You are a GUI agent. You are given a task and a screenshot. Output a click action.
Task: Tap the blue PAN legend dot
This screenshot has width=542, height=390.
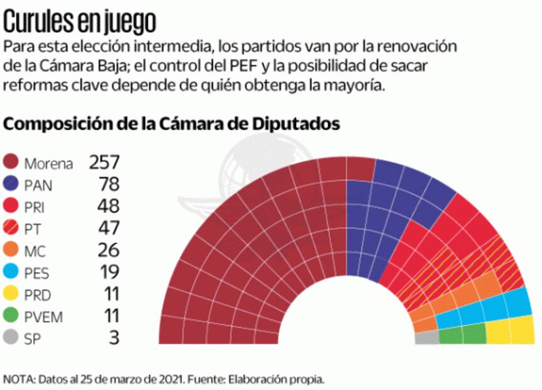12,185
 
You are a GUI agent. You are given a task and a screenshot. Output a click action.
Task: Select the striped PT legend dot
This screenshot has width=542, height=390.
12,228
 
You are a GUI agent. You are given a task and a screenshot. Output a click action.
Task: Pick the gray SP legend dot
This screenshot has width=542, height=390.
12,337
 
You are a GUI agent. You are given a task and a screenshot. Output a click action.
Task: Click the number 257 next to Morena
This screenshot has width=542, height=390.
104,163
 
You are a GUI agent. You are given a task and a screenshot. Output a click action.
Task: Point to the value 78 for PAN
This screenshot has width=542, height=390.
109,184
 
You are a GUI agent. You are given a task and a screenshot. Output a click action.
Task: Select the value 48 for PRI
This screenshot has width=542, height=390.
109,206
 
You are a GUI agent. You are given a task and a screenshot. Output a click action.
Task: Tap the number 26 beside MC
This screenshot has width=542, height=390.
109,250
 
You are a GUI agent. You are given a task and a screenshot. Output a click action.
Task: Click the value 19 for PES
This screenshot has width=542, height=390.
109,272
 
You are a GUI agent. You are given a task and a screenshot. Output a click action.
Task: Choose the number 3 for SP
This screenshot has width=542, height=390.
114,337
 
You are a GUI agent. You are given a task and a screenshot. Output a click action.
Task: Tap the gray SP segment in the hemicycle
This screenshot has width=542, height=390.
427,338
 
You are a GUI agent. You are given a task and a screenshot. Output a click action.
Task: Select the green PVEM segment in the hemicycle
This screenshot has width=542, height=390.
462,336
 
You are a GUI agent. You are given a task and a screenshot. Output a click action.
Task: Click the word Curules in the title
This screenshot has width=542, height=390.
40,23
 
